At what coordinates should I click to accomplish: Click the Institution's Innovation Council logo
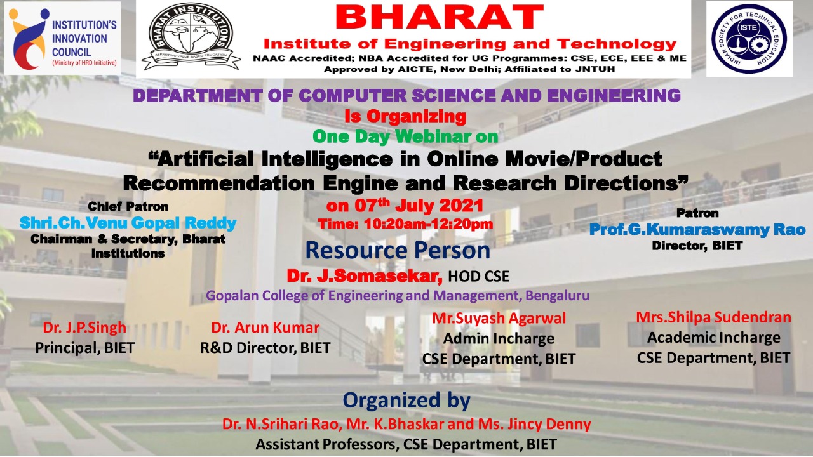(62, 38)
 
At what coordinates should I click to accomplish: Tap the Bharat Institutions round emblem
(191, 36)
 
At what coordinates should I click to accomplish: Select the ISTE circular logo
(749, 39)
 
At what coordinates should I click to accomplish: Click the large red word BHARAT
(440, 18)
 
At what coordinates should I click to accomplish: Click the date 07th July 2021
(405, 206)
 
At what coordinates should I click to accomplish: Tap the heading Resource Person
(398, 250)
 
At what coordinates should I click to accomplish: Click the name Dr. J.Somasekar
(365, 276)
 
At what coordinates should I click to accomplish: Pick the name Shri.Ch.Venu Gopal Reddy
(128, 223)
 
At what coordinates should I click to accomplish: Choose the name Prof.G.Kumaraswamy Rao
(697, 230)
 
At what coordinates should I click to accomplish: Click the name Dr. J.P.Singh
(84, 328)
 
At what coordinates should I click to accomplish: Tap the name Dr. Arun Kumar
(265, 328)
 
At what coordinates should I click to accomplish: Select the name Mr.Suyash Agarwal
(499, 319)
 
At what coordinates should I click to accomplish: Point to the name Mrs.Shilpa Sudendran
(713, 317)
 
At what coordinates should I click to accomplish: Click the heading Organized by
(406, 401)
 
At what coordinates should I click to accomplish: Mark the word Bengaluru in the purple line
(557, 296)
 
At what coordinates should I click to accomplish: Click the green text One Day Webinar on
(405, 136)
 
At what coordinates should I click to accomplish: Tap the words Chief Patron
(128, 207)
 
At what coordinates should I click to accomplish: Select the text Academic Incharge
(713, 338)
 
